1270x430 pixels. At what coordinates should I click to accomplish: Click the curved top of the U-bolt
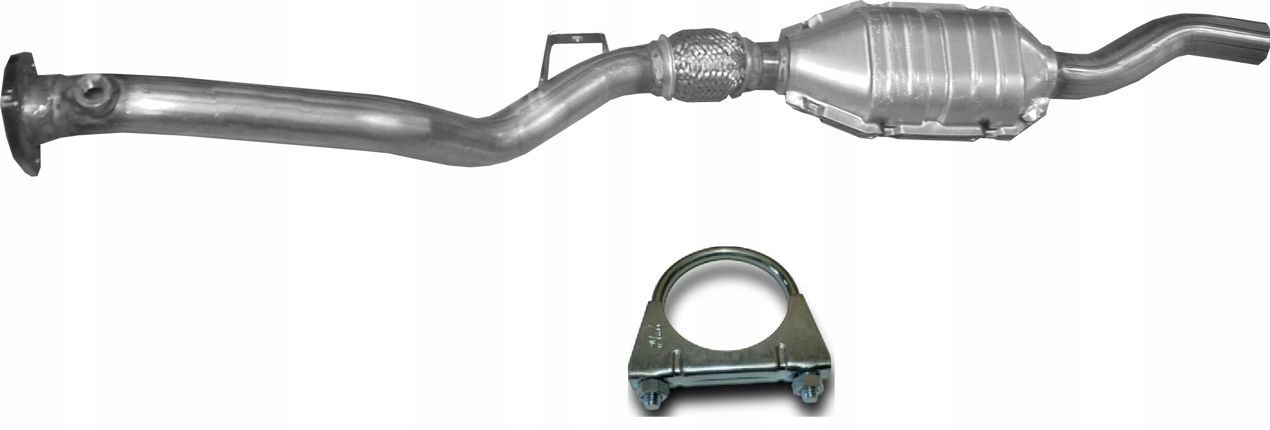coord(730,254)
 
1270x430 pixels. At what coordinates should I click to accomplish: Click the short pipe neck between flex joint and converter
coord(767,63)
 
